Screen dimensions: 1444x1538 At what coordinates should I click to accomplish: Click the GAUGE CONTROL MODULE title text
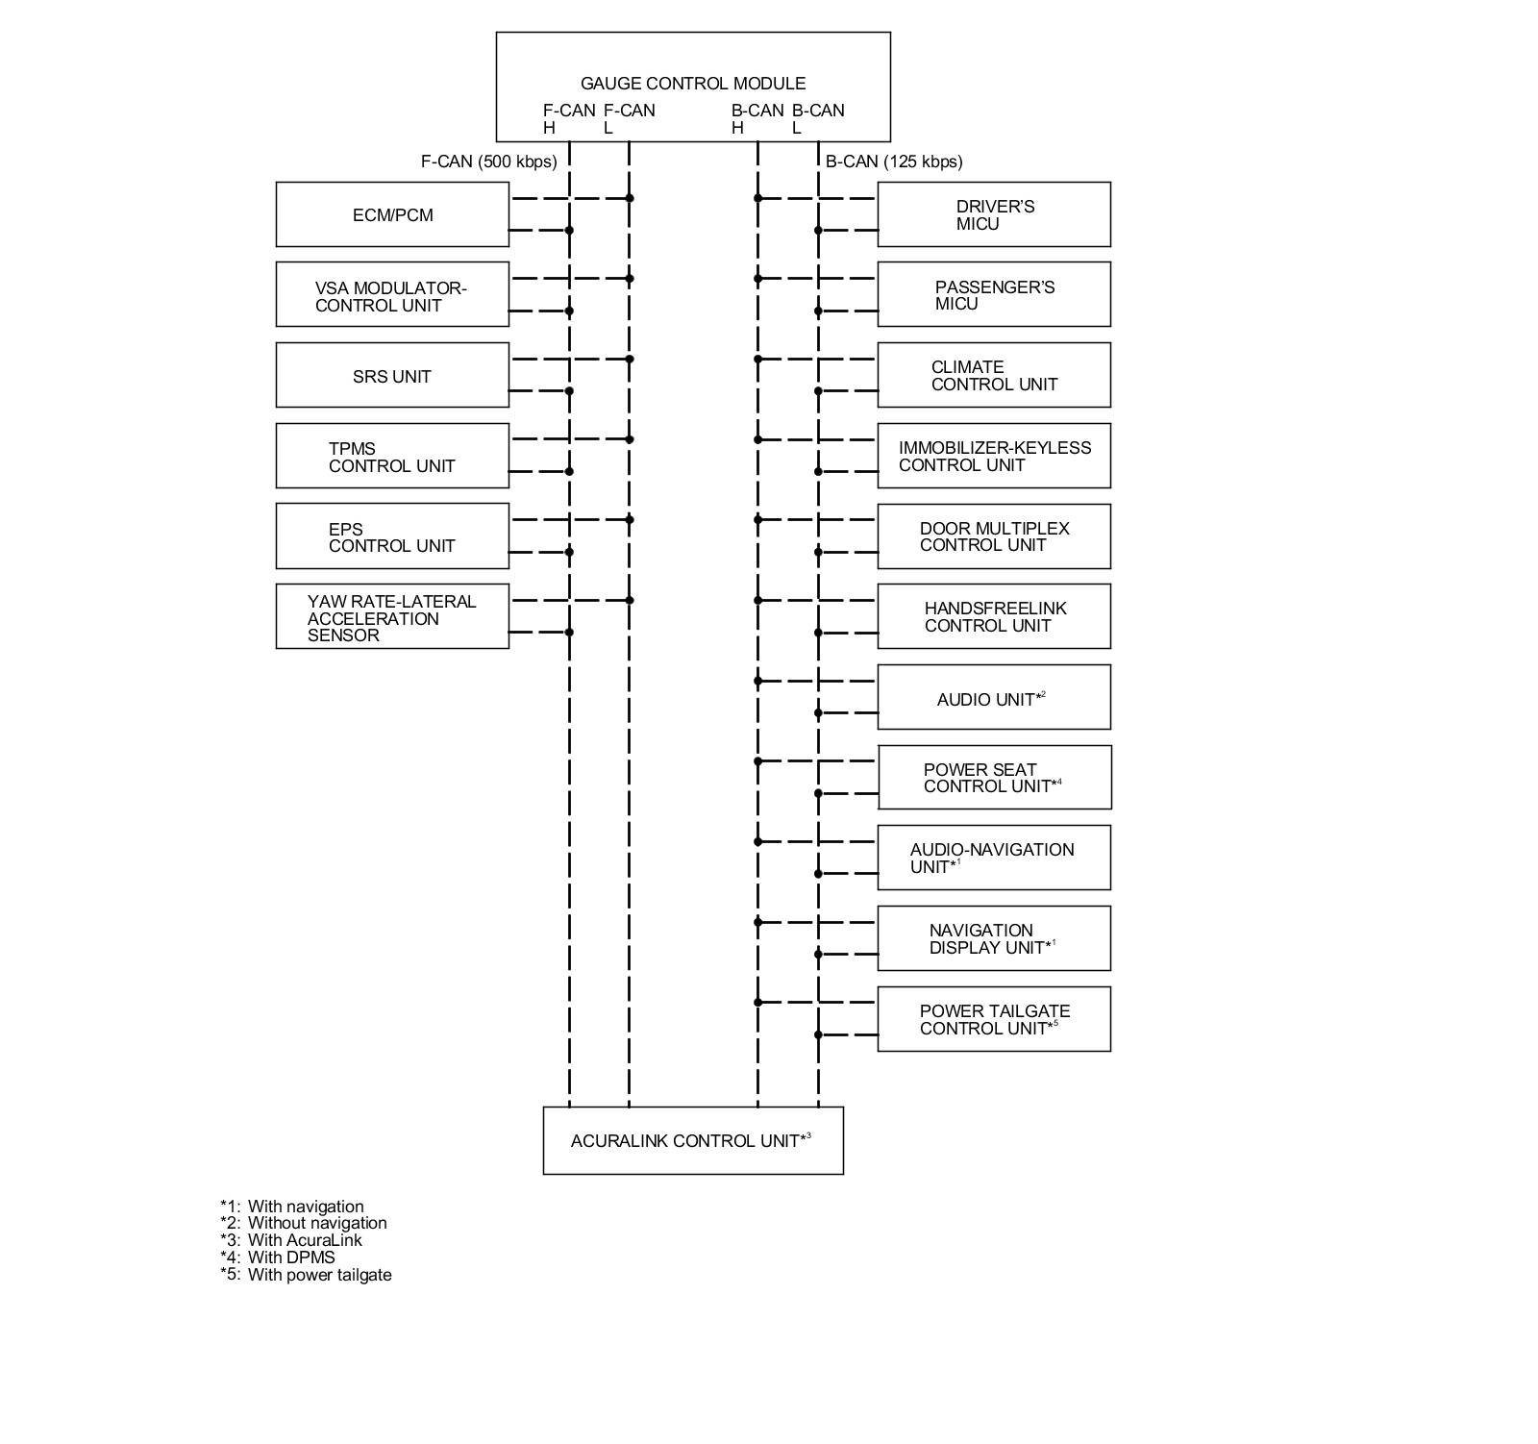[x=693, y=84]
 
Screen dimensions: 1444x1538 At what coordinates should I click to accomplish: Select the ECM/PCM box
[x=392, y=214]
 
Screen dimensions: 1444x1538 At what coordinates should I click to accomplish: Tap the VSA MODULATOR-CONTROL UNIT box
[x=392, y=295]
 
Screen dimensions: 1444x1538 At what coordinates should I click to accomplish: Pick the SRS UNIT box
[x=392, y=376]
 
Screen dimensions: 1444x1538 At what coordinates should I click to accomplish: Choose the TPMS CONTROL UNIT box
[x=392, y=457]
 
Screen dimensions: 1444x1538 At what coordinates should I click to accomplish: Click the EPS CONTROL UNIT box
[x=392, y=536]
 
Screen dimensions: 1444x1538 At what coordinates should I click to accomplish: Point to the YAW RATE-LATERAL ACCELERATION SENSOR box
[x=392, y=617]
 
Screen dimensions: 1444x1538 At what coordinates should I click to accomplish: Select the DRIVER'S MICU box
[x=994, y=214]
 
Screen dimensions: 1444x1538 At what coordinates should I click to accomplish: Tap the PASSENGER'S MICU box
[x=994, y=295]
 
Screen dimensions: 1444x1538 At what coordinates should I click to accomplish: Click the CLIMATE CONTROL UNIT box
[x=994, y=376]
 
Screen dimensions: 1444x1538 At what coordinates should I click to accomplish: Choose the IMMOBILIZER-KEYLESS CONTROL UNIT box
[x=994, y=457]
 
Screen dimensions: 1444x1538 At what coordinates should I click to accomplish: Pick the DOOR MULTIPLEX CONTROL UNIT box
[x=994, y=536]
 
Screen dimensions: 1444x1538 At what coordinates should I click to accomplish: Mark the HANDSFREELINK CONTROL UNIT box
[x=994, y=617]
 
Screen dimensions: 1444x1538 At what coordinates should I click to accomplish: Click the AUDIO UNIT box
[x=994, y=698]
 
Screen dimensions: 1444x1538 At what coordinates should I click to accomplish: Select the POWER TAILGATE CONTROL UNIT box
[x=994, y=1020]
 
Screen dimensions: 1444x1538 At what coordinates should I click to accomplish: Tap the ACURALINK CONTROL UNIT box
[x=693, y=1141]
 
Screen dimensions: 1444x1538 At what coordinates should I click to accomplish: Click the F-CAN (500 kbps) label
[x=488, y=162]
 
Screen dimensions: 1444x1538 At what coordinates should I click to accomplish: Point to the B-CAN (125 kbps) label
[x=894, y=162]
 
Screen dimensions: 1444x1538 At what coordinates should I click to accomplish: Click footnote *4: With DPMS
[x=278, y=1257]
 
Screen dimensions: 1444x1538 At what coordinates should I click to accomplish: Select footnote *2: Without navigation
[x=304, y=1223]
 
